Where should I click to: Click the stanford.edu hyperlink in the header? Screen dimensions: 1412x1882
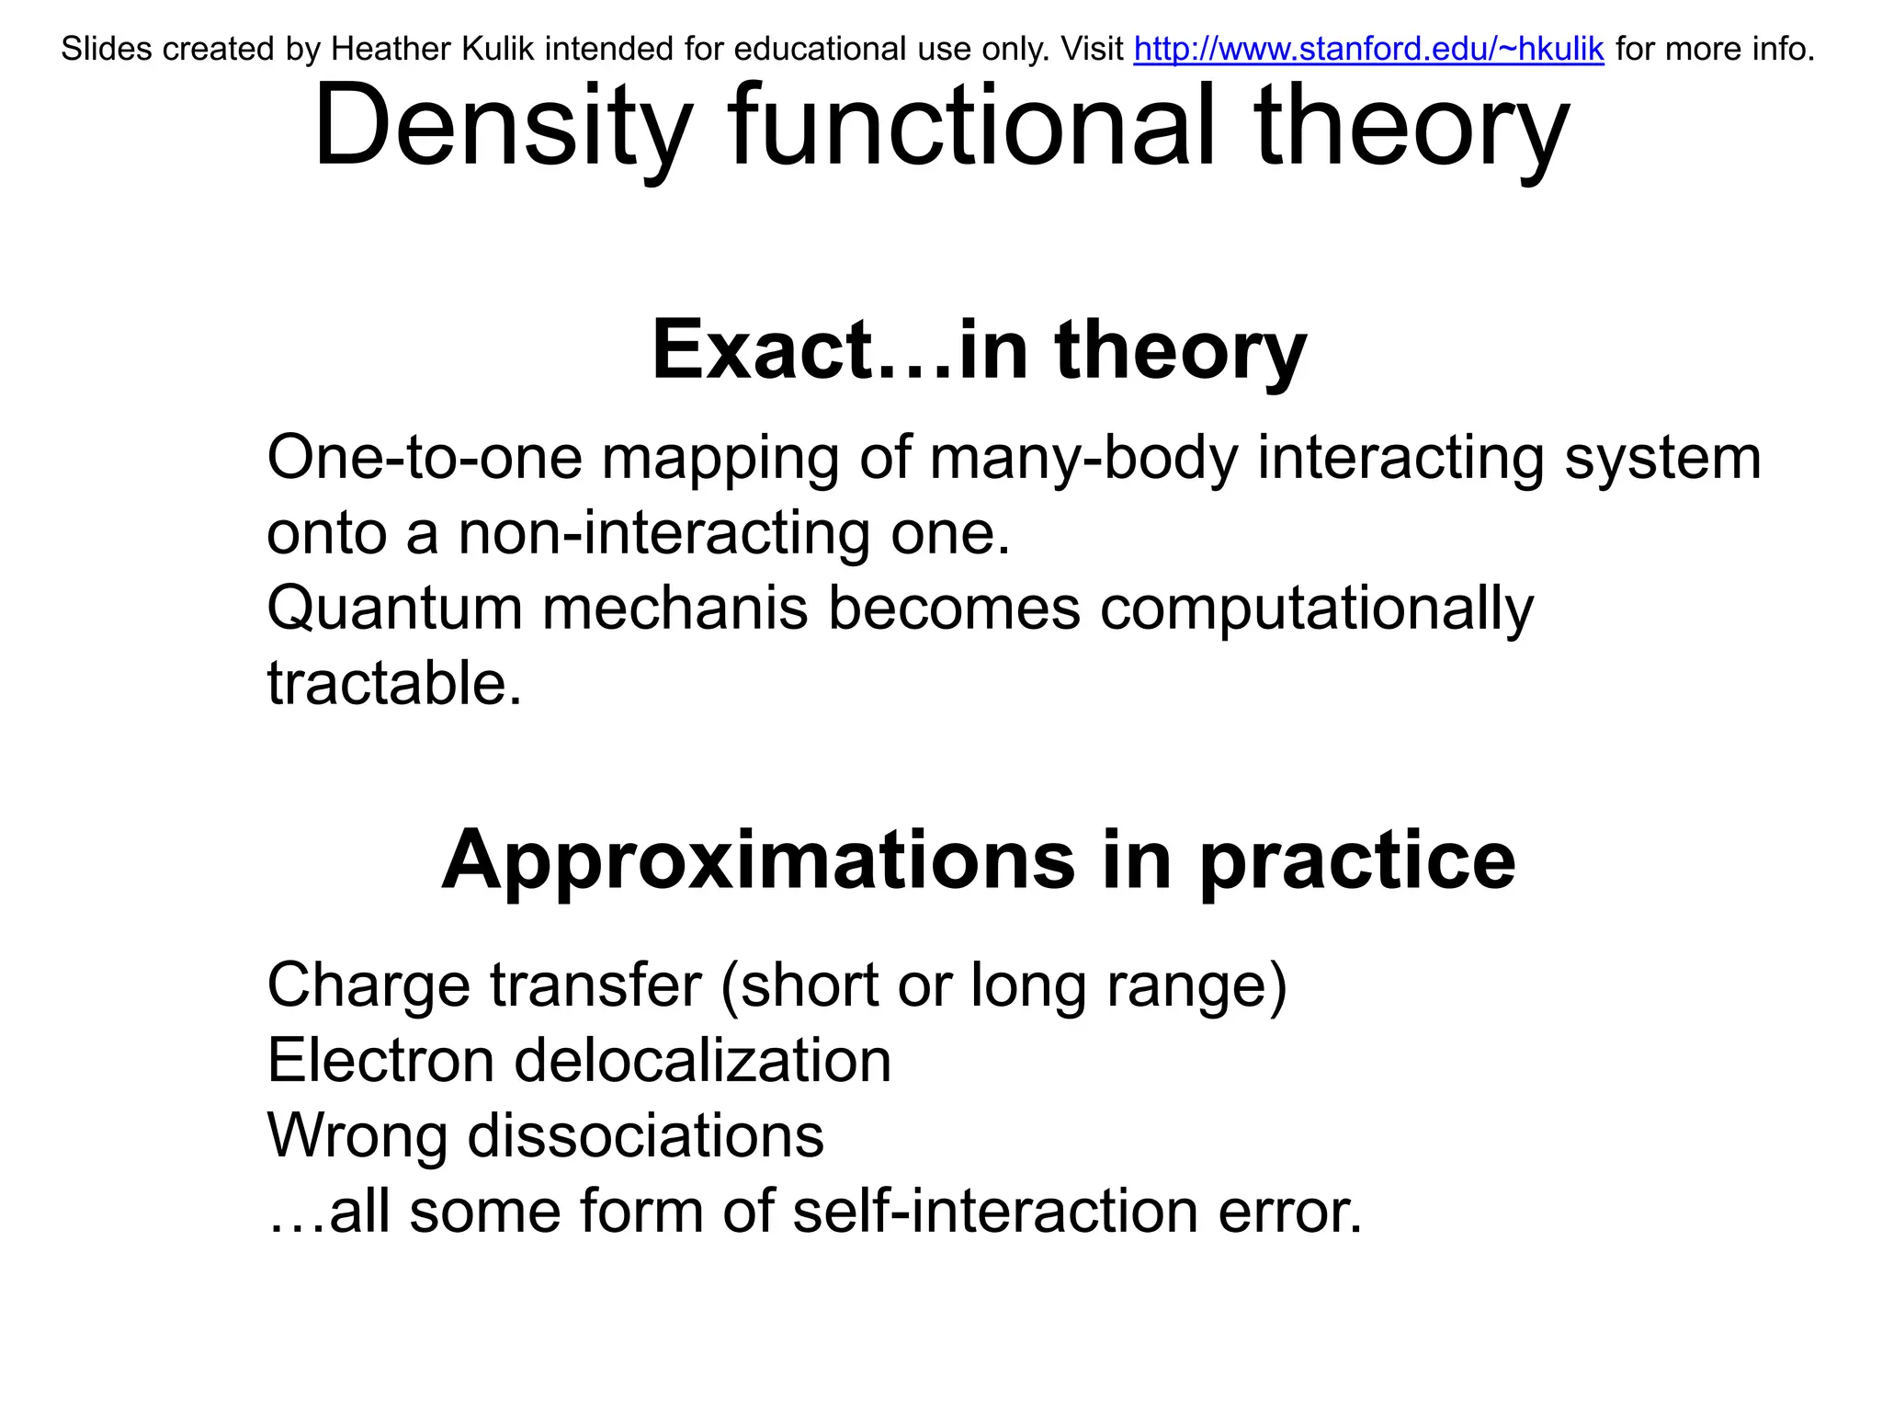click(x=1368, y=49)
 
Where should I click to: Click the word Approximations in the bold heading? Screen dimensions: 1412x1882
click(x=758, y=860)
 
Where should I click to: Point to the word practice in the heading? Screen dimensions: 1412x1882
click(x=1357, y=862)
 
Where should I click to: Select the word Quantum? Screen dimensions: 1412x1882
click(x=394, y=609)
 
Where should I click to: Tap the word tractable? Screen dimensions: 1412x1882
click(x=394, y=683)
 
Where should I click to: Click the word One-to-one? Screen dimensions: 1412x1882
click(x=425, y=457)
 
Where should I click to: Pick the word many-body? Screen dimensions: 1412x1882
click(x=1084, y=459)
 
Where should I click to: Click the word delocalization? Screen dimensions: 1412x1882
click(x=703, y=1060)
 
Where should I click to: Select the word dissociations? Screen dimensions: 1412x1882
click(x=646, y=1135)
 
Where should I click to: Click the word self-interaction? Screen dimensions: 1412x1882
click(x=995, y=1211)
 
